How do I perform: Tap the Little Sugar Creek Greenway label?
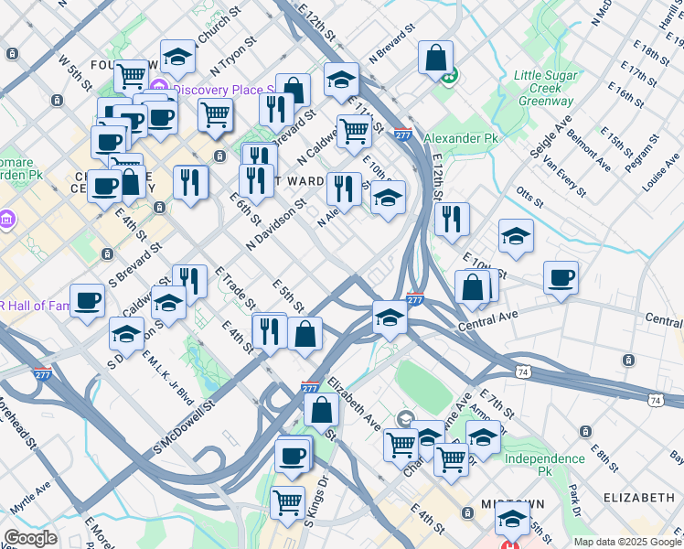543,89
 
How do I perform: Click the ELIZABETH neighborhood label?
639,498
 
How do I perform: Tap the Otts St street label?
530,195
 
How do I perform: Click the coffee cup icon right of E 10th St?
561,276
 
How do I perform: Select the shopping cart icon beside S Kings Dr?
287,501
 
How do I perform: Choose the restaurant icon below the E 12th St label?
452,218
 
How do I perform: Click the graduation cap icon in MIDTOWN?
512,520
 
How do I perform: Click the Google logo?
30,538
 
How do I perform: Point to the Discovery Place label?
225,90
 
